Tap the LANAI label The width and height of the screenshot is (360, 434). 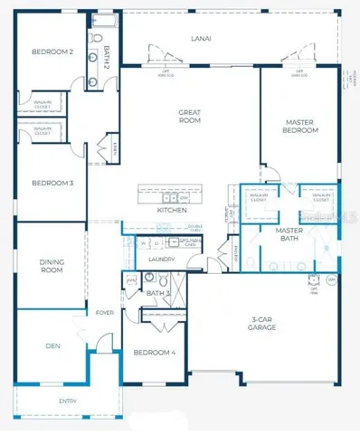pyautogui.click(x=202, y=39)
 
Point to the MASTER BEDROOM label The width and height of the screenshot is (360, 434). pyautogui.click(x=302, y=127)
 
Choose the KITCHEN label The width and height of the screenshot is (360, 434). pyautogui.click(x=172, y=210)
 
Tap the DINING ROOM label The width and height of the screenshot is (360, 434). pyautogui.click(x=51, y=266)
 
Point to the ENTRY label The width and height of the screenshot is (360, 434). pyautogui.click(x=68, y=401)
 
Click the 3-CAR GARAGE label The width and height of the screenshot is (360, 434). pyautogui.click(x=269, y=324)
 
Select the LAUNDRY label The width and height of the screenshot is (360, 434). pyautogui.click(x=161, y=259)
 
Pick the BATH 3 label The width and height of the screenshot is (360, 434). pyautogui.click(x=157, y=293)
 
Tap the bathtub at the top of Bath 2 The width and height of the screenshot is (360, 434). pyautogui.click(x=102, y=20)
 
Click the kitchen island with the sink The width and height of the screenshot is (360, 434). pyautogui.click(x=165, y=195)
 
